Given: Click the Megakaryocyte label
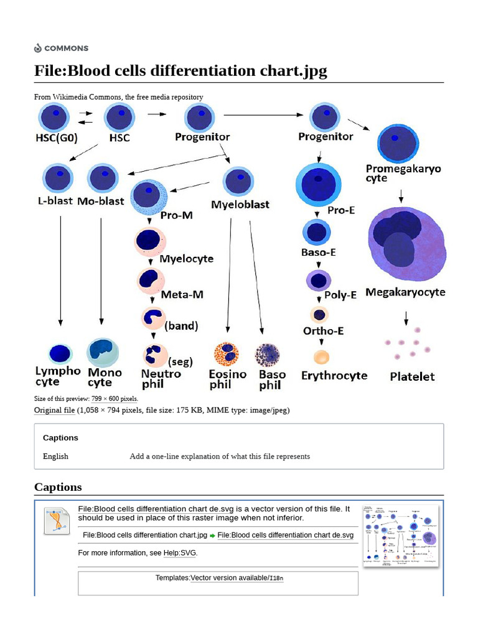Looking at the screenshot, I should (x=405, y=292).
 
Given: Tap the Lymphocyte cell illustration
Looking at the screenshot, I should (x=60, y=353).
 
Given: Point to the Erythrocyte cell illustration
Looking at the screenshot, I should (x=321, y=357).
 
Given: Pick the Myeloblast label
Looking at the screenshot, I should (x=240, y=204).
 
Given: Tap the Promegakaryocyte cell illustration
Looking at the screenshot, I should (x=397, y=144).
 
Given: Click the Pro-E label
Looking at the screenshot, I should (x=341, y=210).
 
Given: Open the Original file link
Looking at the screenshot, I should (x=54, y=411).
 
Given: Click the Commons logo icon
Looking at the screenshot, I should (x=38, y=48).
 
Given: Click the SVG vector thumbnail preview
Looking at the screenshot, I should (x=400, y=536).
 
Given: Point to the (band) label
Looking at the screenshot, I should (x=181, y=325).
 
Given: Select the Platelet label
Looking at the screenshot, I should (x=412, y=376).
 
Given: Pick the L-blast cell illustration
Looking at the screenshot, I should (x=56, y=178).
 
